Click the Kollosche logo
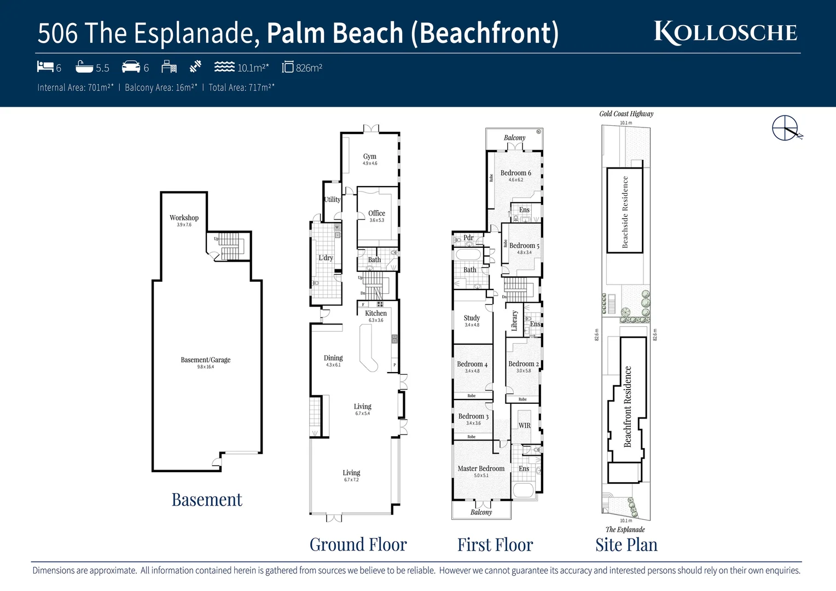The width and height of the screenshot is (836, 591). coord(725,32)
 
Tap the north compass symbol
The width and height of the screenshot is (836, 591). coord(786,129)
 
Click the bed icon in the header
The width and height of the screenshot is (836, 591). coord(45,67)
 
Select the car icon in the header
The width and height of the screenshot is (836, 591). coord(131,67)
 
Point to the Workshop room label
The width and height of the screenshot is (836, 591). coord(184,218)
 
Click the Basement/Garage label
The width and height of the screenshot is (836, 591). coord(206,360)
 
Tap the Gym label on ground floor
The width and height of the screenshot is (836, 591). coord(370,157)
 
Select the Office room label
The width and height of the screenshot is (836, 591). coord(376,213)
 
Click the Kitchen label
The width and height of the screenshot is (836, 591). coord(376,314)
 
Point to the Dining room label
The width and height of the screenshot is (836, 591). coord(333,358)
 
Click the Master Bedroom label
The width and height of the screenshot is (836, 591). coord(481,469)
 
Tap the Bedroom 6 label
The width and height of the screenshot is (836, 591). coord(515,173)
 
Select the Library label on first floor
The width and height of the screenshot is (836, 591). coord(514,321)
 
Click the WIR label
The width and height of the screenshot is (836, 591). coord(524,426)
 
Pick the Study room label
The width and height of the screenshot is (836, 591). coord(472,318)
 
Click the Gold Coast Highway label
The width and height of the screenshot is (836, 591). coord(626,114)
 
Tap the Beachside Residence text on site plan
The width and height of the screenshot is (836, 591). coord(625,212)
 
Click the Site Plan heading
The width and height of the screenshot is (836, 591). coord(626,545)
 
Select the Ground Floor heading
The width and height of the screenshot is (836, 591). coord(358,545)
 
